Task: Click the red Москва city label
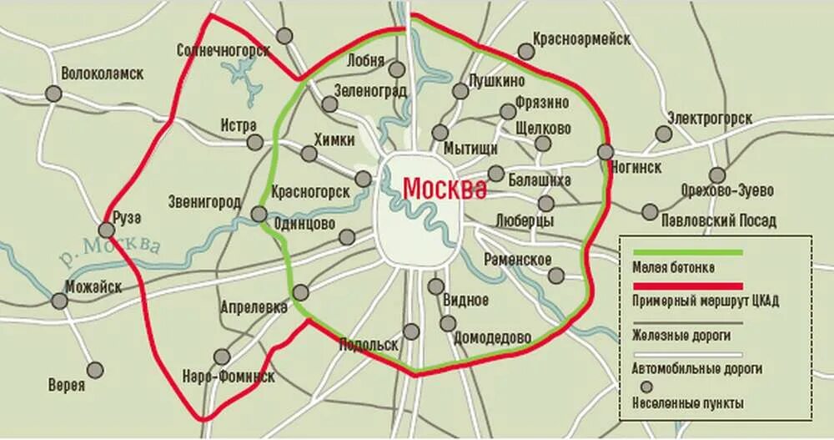coord(444,189)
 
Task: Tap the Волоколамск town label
coord(103,73)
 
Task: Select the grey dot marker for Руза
coord(107,230)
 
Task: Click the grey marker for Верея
coord(96,369)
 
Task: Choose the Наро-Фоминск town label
coord(229,377)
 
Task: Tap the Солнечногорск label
coord(224,51)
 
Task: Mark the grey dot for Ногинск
coord(605,152)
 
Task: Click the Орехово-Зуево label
coord(727,190)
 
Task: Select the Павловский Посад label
coord(718,221)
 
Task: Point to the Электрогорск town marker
coord(664,134)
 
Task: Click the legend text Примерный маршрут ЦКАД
coord(705,301)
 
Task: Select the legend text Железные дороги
coord(681,335)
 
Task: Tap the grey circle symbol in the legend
coord(646,387)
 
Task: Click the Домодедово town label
coord(492,338)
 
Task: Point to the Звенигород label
coord(204,202)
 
